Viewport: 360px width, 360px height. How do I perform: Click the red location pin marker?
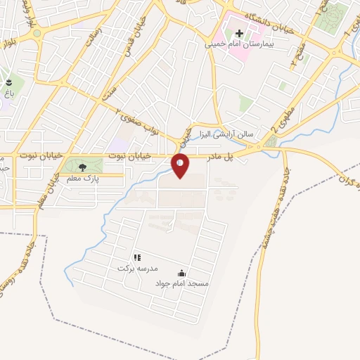[180, 165]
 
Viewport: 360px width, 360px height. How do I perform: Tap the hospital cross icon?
[238, 33]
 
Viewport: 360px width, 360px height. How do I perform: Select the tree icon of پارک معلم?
[83, 167]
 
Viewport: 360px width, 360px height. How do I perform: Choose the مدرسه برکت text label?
[137, 269]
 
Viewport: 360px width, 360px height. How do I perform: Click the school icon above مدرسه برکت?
[137, 258]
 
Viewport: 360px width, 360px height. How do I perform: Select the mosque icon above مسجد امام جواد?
[182, 273]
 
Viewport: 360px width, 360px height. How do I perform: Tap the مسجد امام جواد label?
[182, 283]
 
